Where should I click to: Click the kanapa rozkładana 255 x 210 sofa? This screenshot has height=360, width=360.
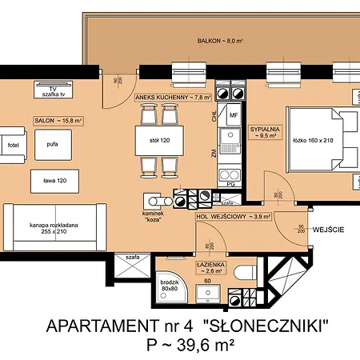(54, 230)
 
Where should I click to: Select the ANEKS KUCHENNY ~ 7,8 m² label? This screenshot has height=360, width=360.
(172, 97)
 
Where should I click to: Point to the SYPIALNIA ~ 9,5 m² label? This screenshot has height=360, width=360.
(263, 131)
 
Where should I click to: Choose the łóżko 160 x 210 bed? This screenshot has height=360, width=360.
(318, 141)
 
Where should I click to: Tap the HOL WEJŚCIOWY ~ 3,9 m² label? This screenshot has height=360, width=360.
(232, 216)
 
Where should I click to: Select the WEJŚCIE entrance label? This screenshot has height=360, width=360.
(328, 230)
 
